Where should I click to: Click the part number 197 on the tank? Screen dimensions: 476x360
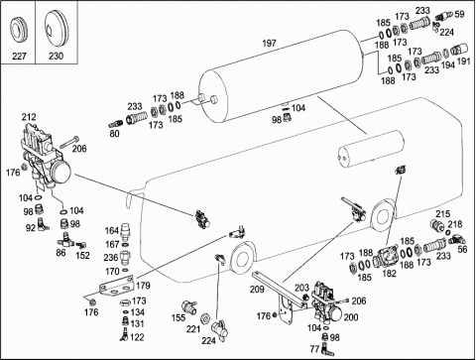click(x=269, y=44)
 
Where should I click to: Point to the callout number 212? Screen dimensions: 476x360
click(x=29, y=117)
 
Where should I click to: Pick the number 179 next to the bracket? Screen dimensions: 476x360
click(x=143, y=285)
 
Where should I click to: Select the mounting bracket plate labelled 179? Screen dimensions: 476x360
click(x=117, y=286)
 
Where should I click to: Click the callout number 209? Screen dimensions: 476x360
click(x=257, y=289)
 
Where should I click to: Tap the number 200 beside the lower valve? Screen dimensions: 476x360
click(x=351, y=317)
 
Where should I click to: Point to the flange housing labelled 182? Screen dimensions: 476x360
click(x=387, y=257)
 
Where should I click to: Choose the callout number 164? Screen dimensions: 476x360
click(x=112, y=230)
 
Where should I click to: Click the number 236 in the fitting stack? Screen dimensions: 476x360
click(x=111, y=257)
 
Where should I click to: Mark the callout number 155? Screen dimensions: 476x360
click(x=178, y=317)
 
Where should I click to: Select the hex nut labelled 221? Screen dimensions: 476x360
click(x=205, y=318)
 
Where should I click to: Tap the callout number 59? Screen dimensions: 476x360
click(x=459, y=14)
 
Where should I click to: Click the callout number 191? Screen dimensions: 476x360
click(x=463, y=61)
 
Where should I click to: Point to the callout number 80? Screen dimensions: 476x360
click(x=114, y=134)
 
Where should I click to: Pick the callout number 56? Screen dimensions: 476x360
click(x=462, y=249)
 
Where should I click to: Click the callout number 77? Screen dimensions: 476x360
click(x=314, y=349)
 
